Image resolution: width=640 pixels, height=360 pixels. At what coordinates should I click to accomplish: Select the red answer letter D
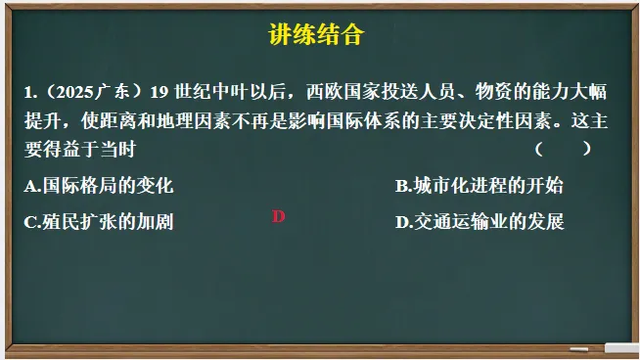tap(278, 217)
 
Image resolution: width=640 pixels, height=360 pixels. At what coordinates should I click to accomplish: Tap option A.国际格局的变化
tap(100, 185)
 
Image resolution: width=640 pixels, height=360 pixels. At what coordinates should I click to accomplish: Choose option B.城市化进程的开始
tap(480, 185)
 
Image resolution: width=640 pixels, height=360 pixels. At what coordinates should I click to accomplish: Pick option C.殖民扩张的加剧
tap(100, 221)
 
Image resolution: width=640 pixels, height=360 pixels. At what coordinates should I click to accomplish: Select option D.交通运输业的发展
tap(480, 221)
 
